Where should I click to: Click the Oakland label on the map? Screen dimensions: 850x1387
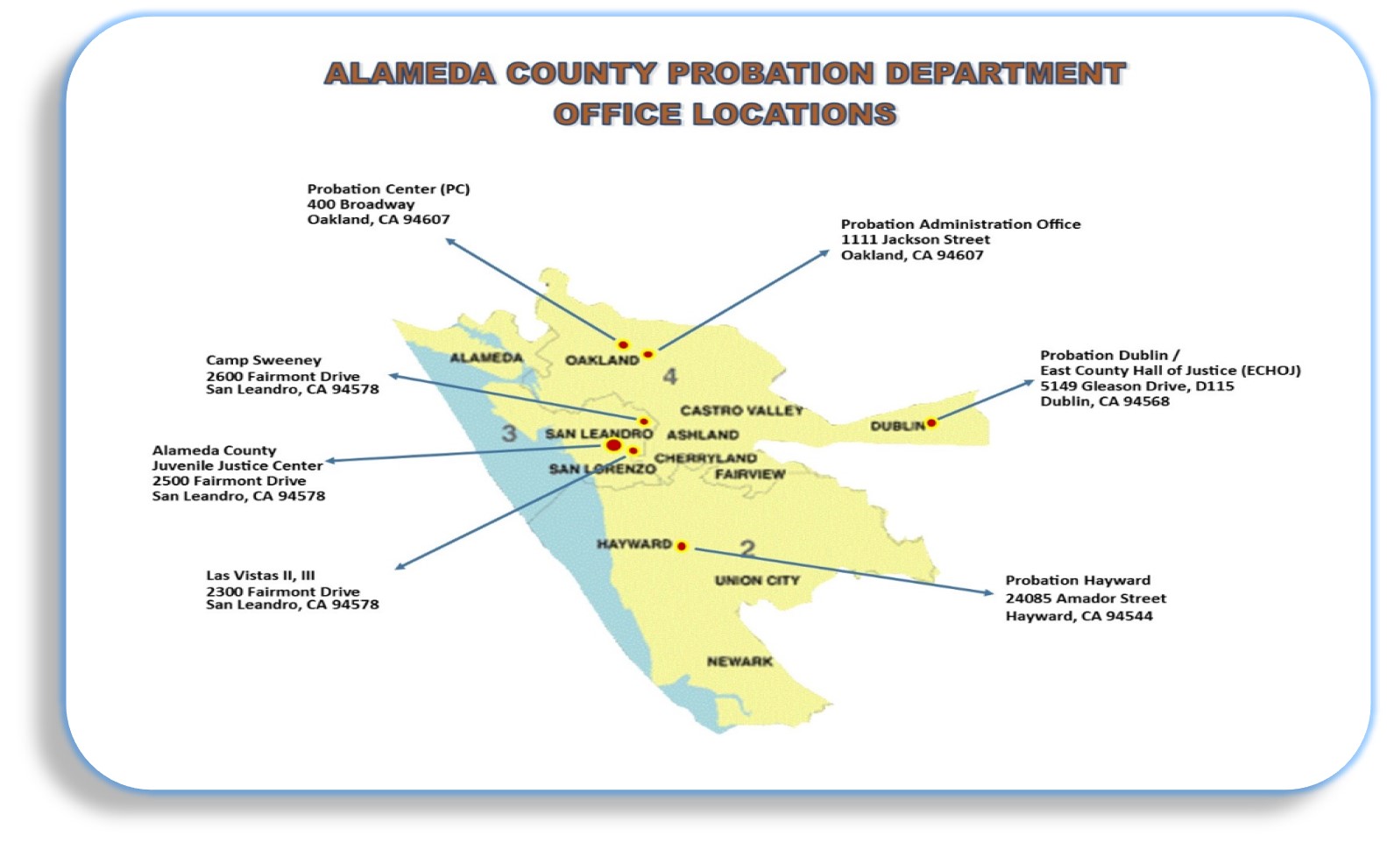pos(602,360)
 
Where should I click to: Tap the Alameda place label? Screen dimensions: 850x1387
pos(486,358)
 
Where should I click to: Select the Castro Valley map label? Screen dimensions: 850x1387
pos(741,410)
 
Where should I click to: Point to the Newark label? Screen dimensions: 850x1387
pos(739,662)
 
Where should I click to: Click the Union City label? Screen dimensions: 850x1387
pos(757,580)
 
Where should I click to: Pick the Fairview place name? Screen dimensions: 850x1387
pos(750,474)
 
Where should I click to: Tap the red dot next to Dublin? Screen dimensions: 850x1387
pos(931,423)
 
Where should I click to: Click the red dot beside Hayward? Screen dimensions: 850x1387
pos(682,547)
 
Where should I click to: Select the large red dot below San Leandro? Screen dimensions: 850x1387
pos(614,446)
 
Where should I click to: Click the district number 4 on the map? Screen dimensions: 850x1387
pos(670,377)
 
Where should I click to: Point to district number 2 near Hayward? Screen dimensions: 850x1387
pos(747,549)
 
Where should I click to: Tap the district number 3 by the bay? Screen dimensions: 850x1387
pos(509,433)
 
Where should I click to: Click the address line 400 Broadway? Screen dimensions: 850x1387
pos(360,204)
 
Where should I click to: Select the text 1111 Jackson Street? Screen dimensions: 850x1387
pos(915,239)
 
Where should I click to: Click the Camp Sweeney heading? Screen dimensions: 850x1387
pos(263,360)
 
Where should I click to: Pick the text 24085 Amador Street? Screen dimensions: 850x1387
pos(1085,599)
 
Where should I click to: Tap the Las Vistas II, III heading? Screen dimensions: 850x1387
pos(260,576)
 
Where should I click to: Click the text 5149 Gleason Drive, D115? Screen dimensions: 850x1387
pos(1136,386)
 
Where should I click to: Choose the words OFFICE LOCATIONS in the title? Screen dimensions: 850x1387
pos(725,114)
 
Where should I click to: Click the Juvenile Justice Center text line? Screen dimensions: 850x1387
pos(237,465)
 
